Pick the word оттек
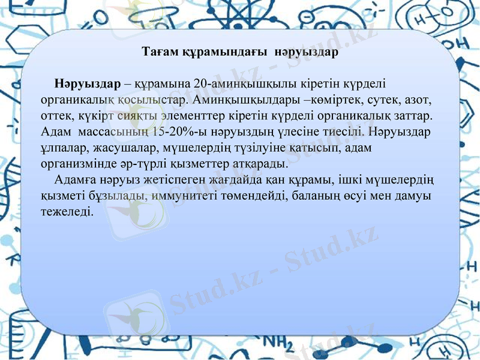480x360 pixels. (x=55, y=115)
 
